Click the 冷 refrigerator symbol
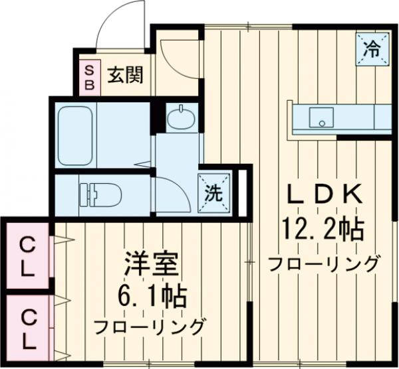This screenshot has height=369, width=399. pos(372,48)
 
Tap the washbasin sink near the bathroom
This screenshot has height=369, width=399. pos(181,119)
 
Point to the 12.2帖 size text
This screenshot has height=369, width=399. pos(324,230)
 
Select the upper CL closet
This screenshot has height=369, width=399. pos(27,258)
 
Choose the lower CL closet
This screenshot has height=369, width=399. pos(27,329)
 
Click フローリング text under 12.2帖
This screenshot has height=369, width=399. pos(324,263)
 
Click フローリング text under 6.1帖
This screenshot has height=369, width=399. pos(149,327)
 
